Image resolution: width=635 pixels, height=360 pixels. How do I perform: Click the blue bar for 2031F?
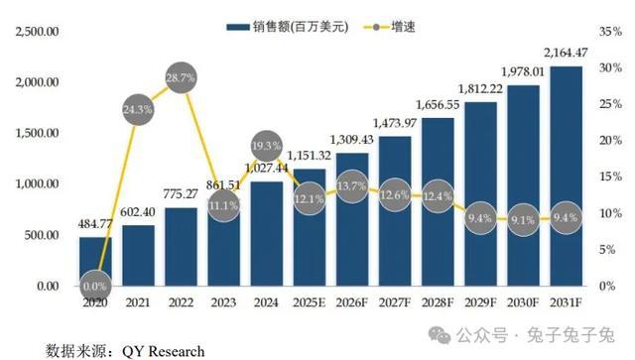[x=566, y=177]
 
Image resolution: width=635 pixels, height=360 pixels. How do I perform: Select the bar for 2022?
[x=181, y=247]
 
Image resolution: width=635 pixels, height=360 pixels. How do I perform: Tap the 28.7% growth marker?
[x=181, y=77]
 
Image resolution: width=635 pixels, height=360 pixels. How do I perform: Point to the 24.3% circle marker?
[x=138, y=109]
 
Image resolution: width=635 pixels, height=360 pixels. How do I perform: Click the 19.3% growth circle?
[x=267, y=146]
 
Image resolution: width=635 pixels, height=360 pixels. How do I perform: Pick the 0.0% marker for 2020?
[x=95, y=287]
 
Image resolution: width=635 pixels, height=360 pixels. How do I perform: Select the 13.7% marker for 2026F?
[x=352, y=186]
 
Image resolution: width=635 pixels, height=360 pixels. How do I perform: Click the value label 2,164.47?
[x=566, y=53]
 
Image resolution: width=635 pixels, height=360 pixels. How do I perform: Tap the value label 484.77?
[x=95, y=223]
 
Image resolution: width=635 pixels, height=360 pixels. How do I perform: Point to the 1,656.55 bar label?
[x=438, y=105]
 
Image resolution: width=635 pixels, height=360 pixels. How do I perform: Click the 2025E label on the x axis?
[x=309, y=302]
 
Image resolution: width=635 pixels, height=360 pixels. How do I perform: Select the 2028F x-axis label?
[x=438, y=302]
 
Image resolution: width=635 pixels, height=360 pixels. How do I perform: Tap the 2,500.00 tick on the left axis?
[x=37, y=31]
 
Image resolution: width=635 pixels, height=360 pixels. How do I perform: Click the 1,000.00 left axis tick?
[x=37, y=183]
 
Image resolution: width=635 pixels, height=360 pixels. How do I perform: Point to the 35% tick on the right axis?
[x=611, y=31]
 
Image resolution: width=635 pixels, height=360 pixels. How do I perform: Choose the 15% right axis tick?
[x=611, y=177]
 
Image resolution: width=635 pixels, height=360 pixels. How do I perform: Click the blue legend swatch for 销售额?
[x=238, y=27]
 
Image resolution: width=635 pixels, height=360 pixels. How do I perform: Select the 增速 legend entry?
[x=390, y=27]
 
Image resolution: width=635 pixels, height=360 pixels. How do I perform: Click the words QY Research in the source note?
[x=163, y=351]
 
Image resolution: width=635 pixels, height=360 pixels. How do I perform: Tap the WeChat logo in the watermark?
[x=440, y=335]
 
